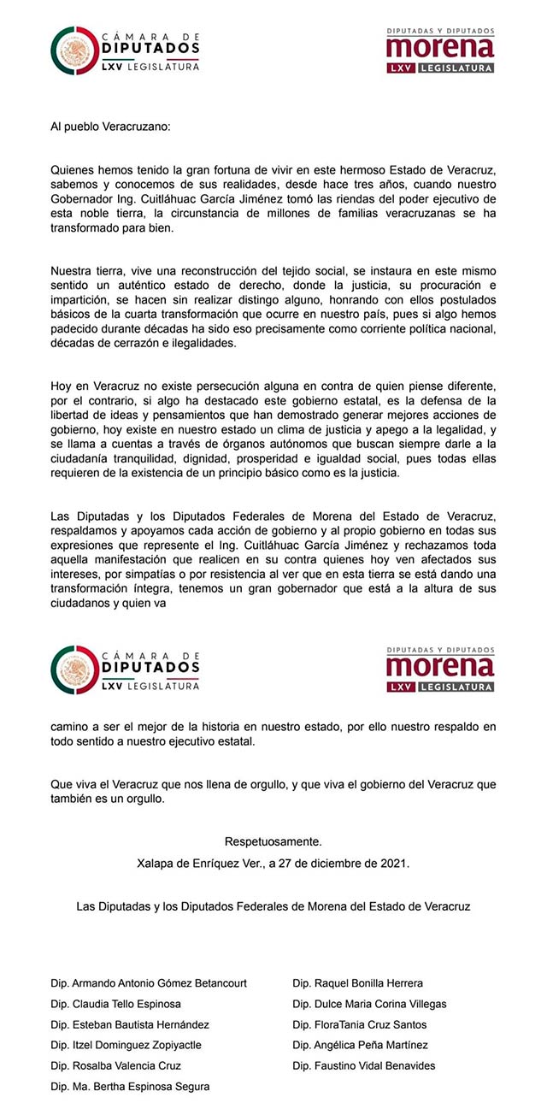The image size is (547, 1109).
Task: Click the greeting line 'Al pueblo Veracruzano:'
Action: tap(110, 127)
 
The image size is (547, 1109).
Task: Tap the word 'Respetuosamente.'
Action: tap(273, 842)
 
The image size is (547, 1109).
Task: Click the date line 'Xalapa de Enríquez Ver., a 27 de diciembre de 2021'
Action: tap(273, 864)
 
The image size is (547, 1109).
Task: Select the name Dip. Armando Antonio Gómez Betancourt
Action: tap(149, 983)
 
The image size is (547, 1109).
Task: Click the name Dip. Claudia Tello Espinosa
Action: tap(116, 1004)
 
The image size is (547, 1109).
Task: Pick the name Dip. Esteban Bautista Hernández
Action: tap(130, 1024)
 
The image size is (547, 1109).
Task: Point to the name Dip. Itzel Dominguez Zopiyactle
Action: tap(125, 1045)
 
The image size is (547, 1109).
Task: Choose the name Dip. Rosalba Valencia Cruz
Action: tap(116, 1065)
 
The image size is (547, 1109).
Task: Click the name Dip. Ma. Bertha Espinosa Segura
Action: tap(130, 1087)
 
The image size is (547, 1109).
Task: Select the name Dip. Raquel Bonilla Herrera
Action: tap(357, 983)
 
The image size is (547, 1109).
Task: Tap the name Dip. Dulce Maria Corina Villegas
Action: tap(369, 1004)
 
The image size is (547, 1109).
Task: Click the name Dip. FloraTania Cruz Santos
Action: tap(359, 1024)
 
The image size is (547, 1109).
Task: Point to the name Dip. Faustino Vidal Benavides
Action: tap(363, 1065)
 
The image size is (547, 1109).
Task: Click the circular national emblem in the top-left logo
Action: tap(74, 50)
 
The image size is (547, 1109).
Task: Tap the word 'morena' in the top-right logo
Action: tap(440, 47)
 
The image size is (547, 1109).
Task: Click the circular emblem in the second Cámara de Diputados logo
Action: tap(74, 670)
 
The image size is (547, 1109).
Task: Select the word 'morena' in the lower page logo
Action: tap(440, 666)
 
